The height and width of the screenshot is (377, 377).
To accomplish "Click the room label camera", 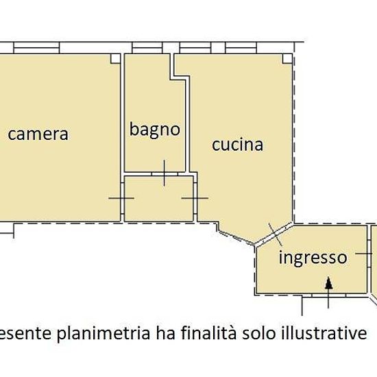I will tap(38, 134).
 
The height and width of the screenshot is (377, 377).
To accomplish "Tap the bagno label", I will tap(155, 129).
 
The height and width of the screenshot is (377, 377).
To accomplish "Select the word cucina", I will tap(237, 145).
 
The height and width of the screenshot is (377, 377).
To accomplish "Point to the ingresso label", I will tap(312, 258).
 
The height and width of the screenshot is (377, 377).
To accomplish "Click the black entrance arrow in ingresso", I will tap(329, 282).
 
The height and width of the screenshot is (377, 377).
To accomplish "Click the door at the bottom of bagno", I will tap(165, 173).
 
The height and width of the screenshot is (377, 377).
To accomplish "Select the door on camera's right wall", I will tap(121, 198).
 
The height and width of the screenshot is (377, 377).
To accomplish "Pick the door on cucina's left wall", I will tap(195, 198).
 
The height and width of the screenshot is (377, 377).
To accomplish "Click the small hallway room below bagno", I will tap(158, 199).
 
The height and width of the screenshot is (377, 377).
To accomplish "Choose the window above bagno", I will tap(145, 48).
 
